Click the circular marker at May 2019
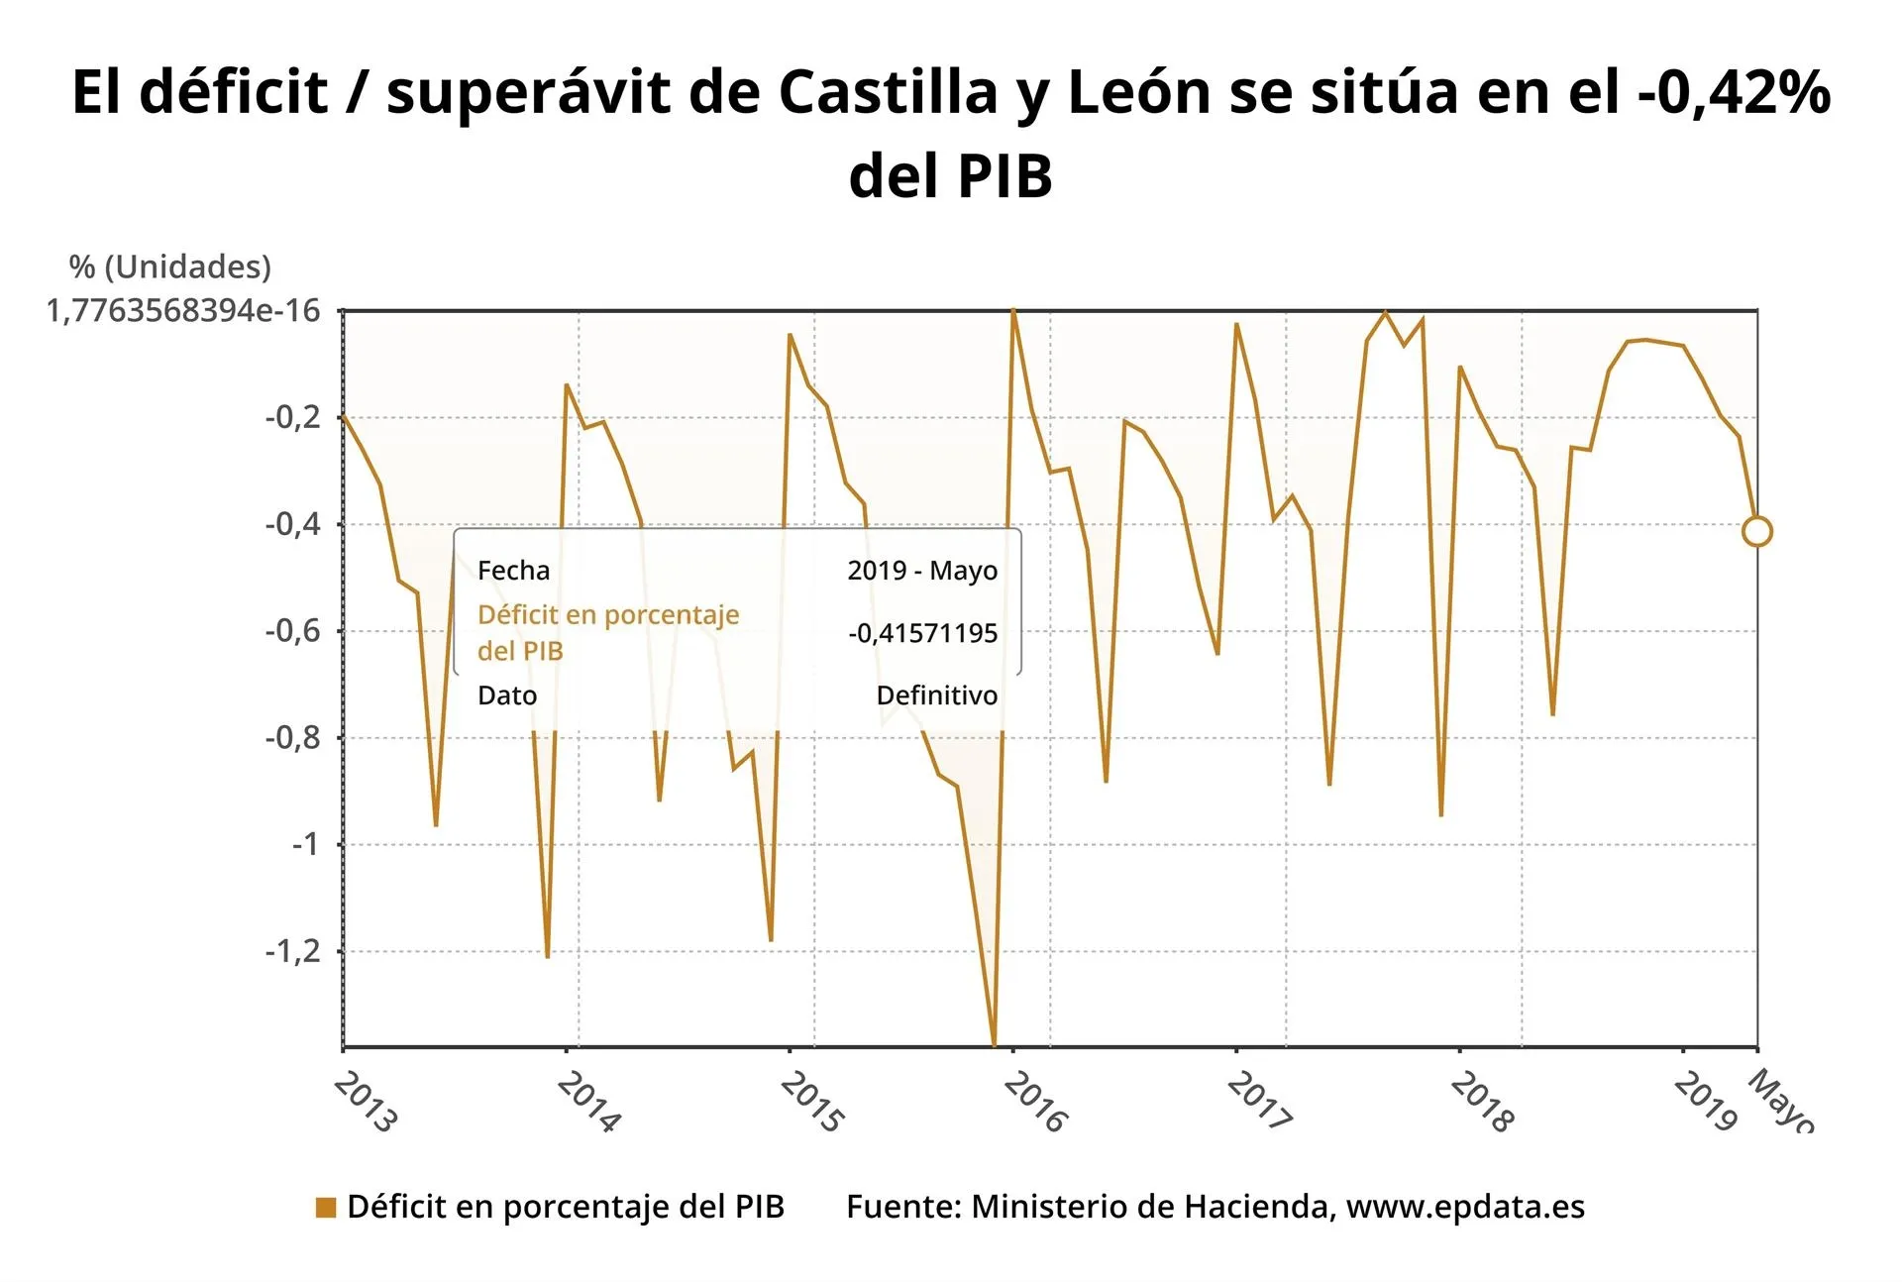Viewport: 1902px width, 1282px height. point(1756,532)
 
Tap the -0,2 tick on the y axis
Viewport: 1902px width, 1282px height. point(293,417)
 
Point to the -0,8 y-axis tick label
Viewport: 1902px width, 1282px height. point(293,737)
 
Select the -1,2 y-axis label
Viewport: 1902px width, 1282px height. point(293,951)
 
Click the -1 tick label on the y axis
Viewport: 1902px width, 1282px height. point(306,844)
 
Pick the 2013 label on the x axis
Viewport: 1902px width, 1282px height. point(366,1103)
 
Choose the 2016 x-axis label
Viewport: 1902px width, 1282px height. point(1035,1103)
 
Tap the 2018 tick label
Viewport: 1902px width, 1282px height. point(1482,1103)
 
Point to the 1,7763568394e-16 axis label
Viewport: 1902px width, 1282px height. point(183,311)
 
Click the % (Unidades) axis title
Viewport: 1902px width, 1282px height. point(169,267)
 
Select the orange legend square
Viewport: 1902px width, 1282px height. point(326,1207)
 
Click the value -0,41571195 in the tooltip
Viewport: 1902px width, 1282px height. point(922,633)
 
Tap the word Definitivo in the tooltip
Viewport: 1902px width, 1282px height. point(936,695)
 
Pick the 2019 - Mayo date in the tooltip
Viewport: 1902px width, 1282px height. point(922,571)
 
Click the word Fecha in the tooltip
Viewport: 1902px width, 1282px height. point(513,571)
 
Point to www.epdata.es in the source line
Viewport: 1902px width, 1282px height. point(1465,1207)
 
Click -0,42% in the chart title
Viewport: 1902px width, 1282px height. point(1734,91)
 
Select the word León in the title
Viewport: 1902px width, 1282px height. point(1139,91)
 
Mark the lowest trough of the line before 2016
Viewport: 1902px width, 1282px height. point(994,1043)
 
